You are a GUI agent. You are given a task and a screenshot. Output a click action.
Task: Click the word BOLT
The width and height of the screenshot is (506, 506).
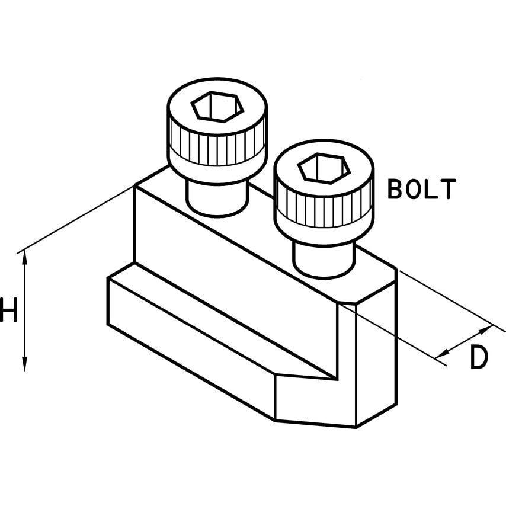pyautogui.click(x=421, y=188)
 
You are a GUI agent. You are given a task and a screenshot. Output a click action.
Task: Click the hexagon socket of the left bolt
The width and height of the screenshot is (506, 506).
pyautogui.click(x=217, y=107)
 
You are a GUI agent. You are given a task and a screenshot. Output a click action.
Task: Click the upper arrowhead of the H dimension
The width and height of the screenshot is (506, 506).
pyautogui.click(x=24, y=256)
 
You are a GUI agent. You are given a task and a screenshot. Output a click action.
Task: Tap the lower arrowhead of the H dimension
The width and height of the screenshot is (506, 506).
pyautogui.click(x=24, y=366)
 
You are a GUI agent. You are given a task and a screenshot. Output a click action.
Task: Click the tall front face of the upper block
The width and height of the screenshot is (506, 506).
pyautogui.click(x=237, y=261)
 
